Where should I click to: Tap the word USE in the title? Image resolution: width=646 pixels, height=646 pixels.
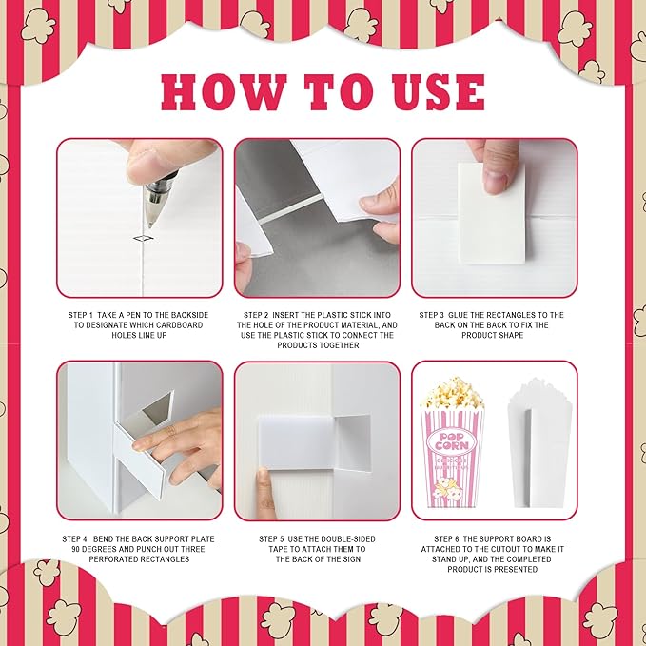point(439,92)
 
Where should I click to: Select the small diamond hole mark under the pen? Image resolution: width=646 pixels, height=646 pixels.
point(144,238)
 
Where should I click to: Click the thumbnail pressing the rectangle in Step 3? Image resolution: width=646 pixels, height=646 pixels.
point(495,180)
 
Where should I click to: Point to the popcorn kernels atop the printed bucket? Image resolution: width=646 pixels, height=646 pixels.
point(452,393)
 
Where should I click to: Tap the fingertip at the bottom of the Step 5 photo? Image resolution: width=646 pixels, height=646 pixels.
point(264,480)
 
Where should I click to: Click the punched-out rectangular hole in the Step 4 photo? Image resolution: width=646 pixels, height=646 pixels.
point(158,408)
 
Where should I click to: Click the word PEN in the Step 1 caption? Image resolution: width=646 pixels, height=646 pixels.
point(136,315)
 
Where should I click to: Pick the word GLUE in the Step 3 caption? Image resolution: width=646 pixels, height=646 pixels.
point(458,315)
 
